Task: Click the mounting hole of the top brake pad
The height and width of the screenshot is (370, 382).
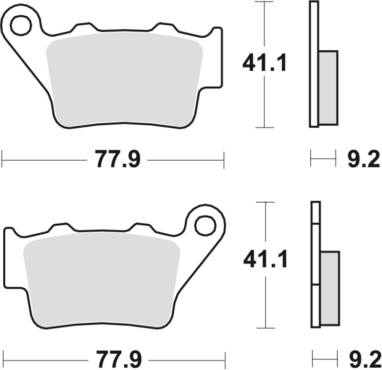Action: pos(21,26)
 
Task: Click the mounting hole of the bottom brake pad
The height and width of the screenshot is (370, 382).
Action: pos(205,225)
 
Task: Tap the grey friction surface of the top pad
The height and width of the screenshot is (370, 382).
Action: pos(124,81)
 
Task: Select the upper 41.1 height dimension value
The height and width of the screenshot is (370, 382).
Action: pos(265,64)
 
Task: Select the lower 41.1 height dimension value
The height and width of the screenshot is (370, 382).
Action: pos(265,260)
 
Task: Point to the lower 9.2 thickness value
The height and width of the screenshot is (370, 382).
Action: pos(362,359)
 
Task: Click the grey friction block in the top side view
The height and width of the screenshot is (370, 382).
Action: pos(328,86)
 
